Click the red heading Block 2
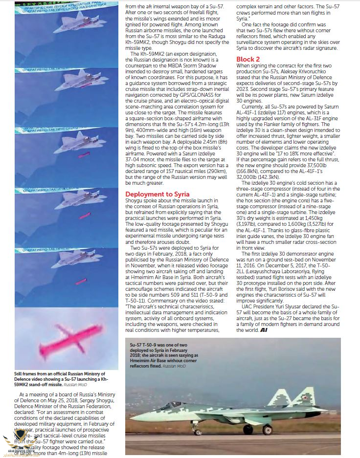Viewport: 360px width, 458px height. click(x=248, y=59)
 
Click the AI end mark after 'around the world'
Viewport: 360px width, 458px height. click(x=264, y=330)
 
